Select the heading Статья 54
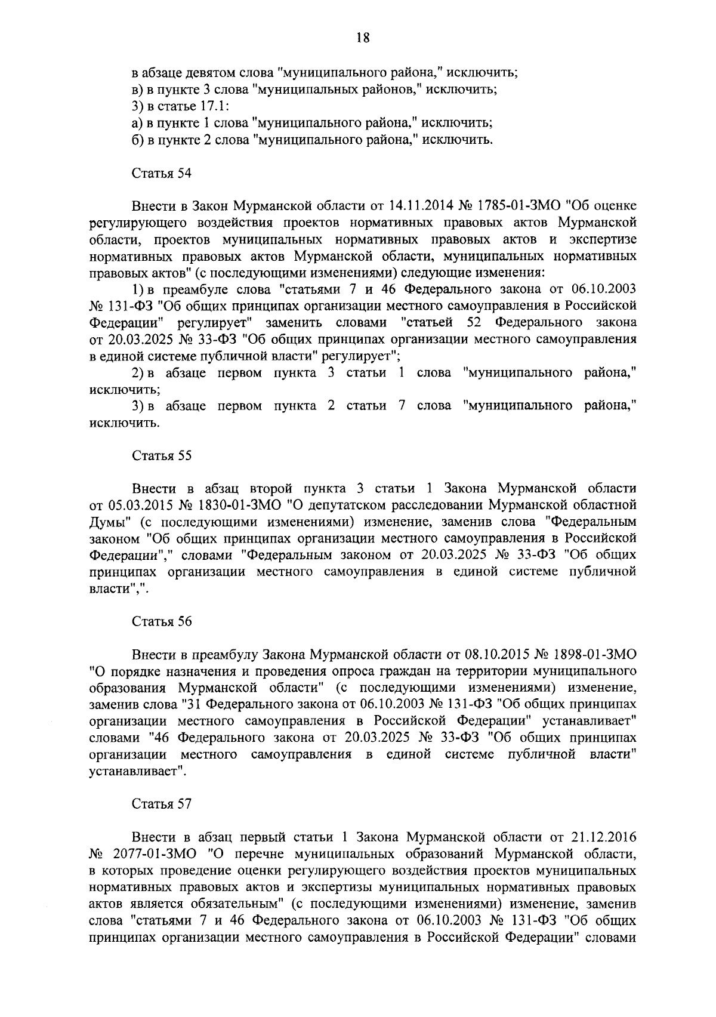[161, 174]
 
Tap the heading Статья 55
[161, 456]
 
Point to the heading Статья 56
[161, 621]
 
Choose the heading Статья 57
[161, 803]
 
